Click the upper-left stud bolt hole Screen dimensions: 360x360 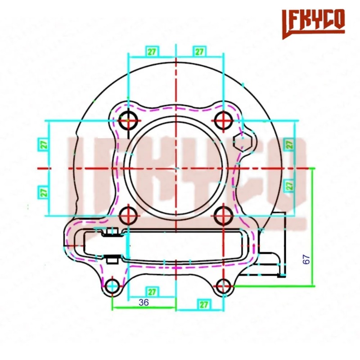click(128, 121)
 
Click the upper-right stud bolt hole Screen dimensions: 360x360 click(223, 121)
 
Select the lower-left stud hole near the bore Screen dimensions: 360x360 click(128, 216)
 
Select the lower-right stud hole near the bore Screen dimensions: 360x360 click(223, 216)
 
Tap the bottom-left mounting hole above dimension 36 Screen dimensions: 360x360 click(112, 285)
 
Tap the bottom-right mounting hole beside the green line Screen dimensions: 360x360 click(224, 285)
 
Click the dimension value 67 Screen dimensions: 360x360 click(306, 259)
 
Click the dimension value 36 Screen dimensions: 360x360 click(144, 303)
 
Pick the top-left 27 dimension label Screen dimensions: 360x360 click(152, 51)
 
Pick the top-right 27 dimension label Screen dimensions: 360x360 click(199, 51)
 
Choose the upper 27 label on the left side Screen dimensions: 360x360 click(43, 144)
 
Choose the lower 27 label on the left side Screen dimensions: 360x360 click(43, 192)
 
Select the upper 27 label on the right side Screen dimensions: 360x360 click(289, 144)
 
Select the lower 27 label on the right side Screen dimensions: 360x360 click(289, 184)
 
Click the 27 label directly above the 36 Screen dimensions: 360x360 click(152, 292)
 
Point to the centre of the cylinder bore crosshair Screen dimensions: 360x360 click(176, 168)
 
